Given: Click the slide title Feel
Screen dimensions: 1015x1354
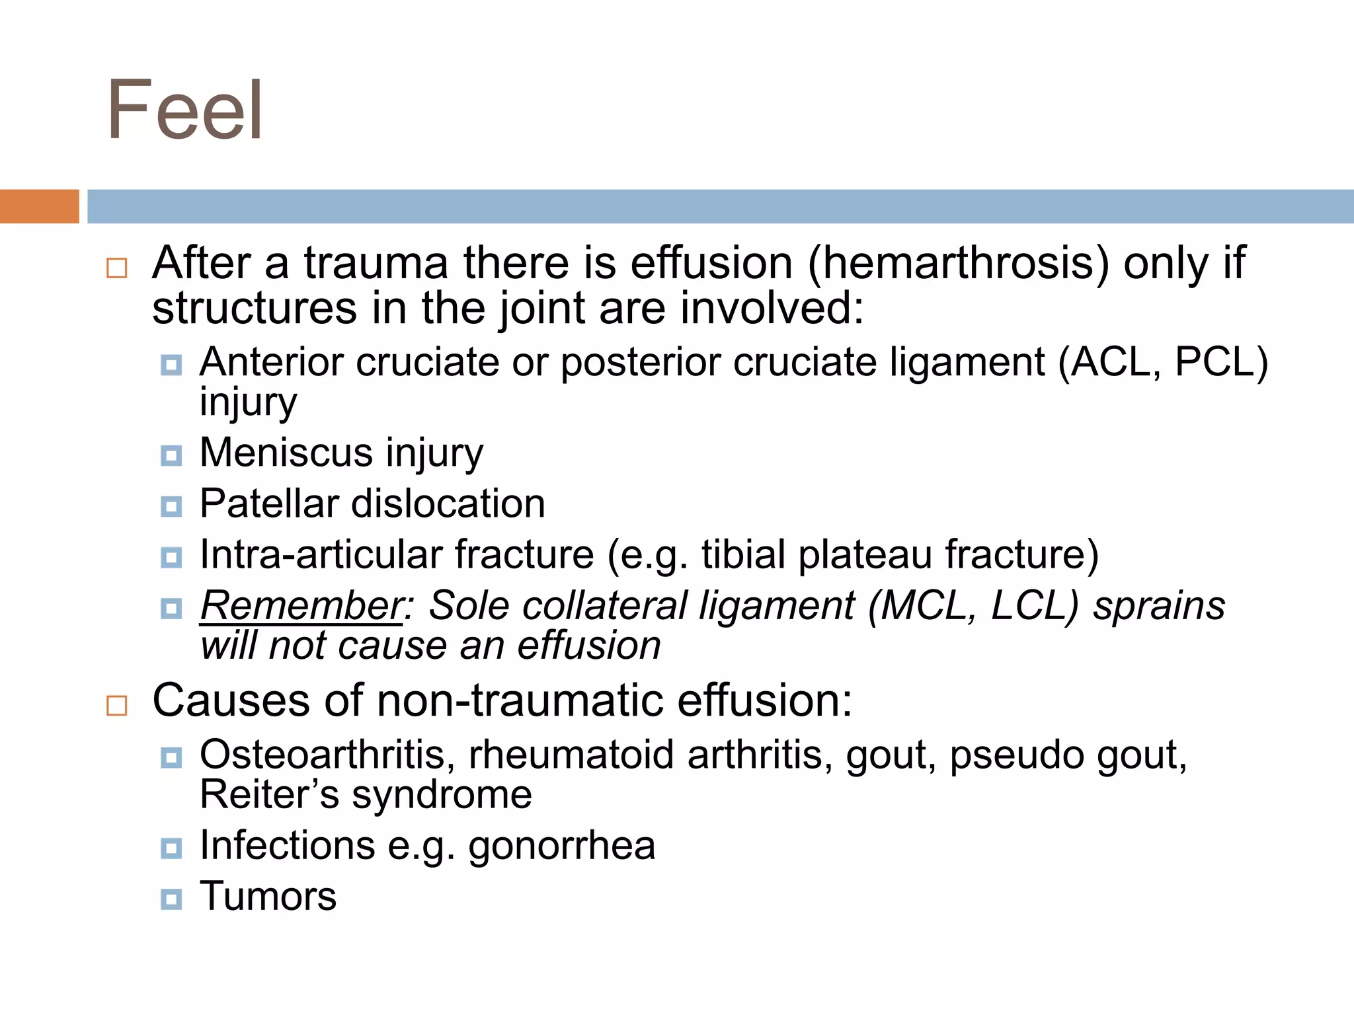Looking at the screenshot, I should point(185,110).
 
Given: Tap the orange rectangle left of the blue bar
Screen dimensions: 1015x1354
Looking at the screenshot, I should point(39,206).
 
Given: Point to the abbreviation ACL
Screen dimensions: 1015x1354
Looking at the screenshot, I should point(1111,362).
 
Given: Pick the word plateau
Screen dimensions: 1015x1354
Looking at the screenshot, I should point(866,554).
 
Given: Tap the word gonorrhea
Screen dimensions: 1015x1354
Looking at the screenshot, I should point(562,845).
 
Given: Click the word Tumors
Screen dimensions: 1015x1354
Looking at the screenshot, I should point(268,896).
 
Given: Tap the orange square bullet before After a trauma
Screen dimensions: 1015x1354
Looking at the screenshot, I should point(117,268).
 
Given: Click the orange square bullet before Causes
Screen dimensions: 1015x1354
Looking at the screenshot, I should point(117,705).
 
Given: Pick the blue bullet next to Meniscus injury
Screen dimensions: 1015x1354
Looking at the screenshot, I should point(171,455).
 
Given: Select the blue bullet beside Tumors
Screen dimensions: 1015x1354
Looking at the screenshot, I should point(171,899).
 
